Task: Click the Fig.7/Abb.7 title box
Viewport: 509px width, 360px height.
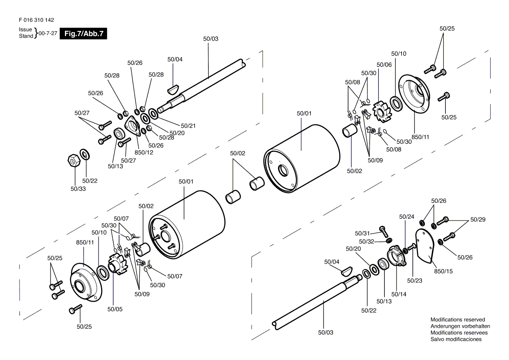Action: click(83, 34)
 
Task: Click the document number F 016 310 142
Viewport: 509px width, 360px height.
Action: click(36, 20)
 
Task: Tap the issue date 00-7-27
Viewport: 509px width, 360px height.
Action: click(48, 34)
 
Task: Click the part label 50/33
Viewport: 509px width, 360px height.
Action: click(78, 189)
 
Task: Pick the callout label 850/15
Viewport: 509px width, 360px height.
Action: click(443, 271)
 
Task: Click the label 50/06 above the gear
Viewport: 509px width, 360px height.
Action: click(384, 65)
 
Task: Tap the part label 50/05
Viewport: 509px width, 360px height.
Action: click(115, 309)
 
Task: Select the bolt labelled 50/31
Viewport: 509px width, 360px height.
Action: click(384, 231)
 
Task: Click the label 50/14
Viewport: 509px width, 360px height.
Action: click(399, 294)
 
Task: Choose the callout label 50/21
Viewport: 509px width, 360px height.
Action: click(188, 126)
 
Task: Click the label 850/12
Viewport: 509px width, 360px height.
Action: click(144, 152)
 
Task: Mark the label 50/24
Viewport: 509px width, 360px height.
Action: click(407, 217)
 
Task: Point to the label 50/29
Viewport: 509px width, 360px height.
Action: click(478, 219)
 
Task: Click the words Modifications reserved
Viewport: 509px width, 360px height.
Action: click(458, 320)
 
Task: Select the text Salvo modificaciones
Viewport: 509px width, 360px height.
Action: click(456, 339)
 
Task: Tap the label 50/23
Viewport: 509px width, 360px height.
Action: click(414, 281)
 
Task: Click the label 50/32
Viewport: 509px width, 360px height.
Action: click(366, 241)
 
